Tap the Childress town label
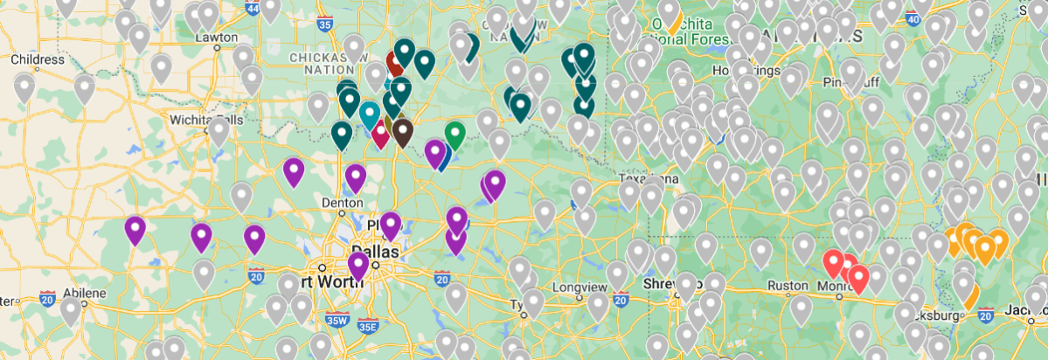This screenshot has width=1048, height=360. (x=38, y=59)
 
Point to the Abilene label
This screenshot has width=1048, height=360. (x=83, y=293)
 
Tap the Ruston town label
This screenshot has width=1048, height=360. (x=783, y=285)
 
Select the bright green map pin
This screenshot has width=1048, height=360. (x=455, y=134)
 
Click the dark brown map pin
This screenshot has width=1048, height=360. (x=402, y=131)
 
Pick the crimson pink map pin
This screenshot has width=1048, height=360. (x=380, y=134)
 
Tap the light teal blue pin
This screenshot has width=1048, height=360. (x=370, y=114)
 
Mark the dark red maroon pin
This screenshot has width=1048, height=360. (x=395, y=62)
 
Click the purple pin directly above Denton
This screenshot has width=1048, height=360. (x=355, y=177)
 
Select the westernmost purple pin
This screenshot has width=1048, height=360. (x=135, y=229)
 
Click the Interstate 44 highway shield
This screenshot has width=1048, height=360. (x=253, y=9)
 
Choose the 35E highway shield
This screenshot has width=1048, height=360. (x=368, y=327)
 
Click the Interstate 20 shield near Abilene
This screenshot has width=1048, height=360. (x=48, y=297)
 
